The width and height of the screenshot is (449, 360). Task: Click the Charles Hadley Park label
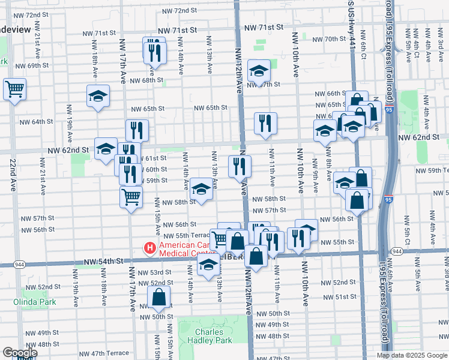[x=213, y=336]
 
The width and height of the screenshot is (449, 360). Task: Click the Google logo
[x=20, y=353]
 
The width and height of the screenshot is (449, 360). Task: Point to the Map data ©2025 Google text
[x=412, y=355]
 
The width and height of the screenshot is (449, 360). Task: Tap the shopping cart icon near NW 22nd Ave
[x=15, y=89]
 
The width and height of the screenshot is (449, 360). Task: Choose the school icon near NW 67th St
[x=259, y=71]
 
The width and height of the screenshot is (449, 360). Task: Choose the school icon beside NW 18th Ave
[x=98, y=96]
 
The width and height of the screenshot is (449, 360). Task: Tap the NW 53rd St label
[x=154, y=272]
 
